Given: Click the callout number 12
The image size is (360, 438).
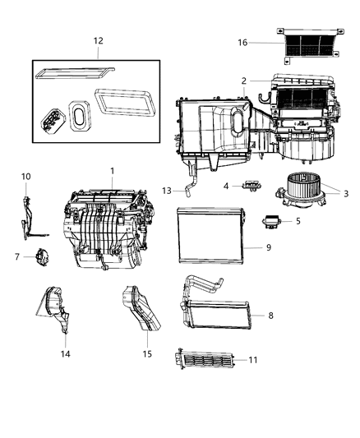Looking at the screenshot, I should pyautogui.click(x=98, y=40).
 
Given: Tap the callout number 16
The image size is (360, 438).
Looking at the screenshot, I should pyautogui.click(x=242, y=42).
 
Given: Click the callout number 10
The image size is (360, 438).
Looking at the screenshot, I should pyautogui.click(x=25, y=177).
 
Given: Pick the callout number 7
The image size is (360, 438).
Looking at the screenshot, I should pyautogui.click(x=16, y=256).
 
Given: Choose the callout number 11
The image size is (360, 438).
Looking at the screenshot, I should pyautogui.click(x=253, y=360).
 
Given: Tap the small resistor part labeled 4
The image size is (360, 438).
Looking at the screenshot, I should pyautogui.click(x=247, y=186).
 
